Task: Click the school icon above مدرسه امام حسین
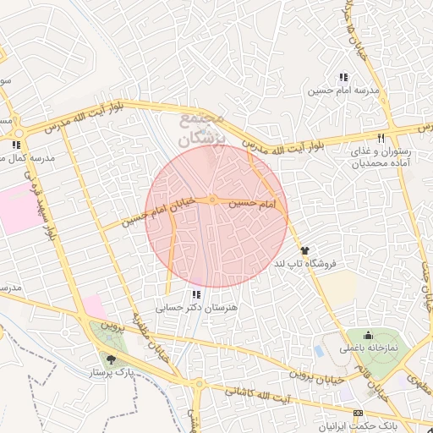tap(343, 77)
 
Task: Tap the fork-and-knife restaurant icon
tap(381, 138)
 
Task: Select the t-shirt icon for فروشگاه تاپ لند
tap(304, 250)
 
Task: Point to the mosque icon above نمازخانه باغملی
tap(368, 336)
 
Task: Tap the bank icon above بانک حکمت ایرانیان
tap(357, 412)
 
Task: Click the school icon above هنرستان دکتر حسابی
tap(197, 294)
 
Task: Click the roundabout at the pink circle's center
tap(213, 200)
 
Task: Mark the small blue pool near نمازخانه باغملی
tap(319, 350)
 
